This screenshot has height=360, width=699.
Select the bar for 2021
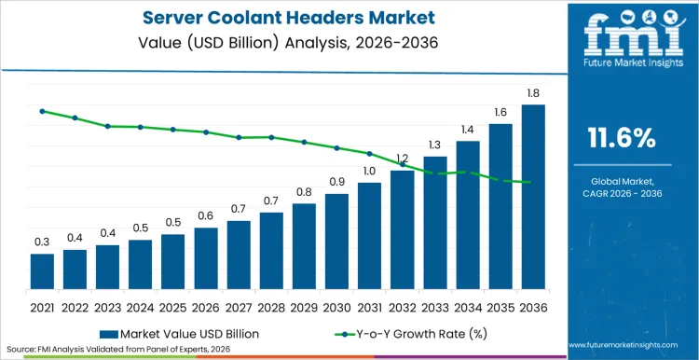point(42,271)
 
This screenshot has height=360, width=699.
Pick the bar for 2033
point(435,223)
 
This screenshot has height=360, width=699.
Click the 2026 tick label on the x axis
point(206,307)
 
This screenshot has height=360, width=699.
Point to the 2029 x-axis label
point(304,307)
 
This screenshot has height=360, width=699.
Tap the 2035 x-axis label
point(500,307)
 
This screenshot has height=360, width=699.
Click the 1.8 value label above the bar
point(533,93)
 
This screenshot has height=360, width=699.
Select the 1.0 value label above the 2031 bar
point(369,171)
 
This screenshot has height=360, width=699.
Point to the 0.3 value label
point(42,242)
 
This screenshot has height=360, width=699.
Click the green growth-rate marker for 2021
point(42,111)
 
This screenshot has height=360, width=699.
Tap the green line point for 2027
point(239,137)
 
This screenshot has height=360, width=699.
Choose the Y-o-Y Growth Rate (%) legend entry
point(398,332)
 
